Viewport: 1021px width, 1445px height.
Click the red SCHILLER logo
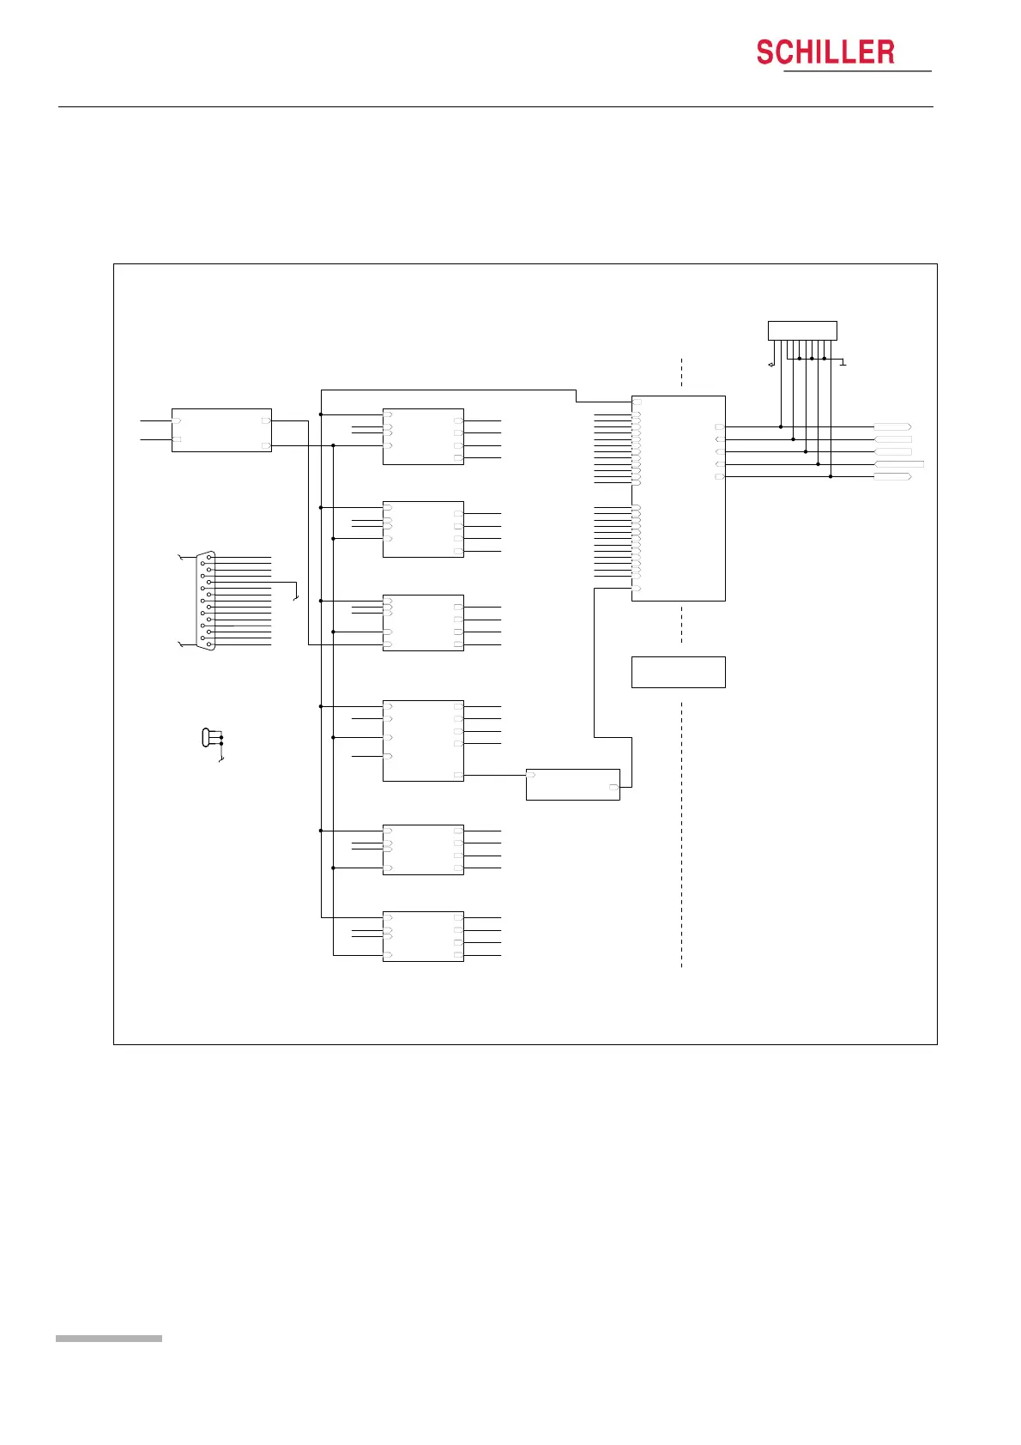pos(825,52)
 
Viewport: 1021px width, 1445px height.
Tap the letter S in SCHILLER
pos(765,53)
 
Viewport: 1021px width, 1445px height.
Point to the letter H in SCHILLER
pos(807,53)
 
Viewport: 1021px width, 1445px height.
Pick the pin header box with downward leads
pos(801,330)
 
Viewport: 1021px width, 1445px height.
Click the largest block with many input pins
pos(678,498)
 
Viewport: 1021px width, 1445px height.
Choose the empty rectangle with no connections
pos(678,672)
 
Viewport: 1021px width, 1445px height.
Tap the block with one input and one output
pos(572,784)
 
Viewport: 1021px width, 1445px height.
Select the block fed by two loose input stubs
pos(221,430)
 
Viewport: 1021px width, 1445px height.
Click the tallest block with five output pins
pos(423,741)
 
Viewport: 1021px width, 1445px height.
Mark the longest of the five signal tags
pos(898,464)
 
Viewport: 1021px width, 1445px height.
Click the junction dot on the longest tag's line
pos(818,464)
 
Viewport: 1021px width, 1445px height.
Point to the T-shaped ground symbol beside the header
pos(843,362)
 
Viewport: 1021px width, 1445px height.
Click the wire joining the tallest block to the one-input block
pos(494,775)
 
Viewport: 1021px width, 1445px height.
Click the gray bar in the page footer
pos(108,1339)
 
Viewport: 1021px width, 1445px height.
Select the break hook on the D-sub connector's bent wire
pos(296,597)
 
